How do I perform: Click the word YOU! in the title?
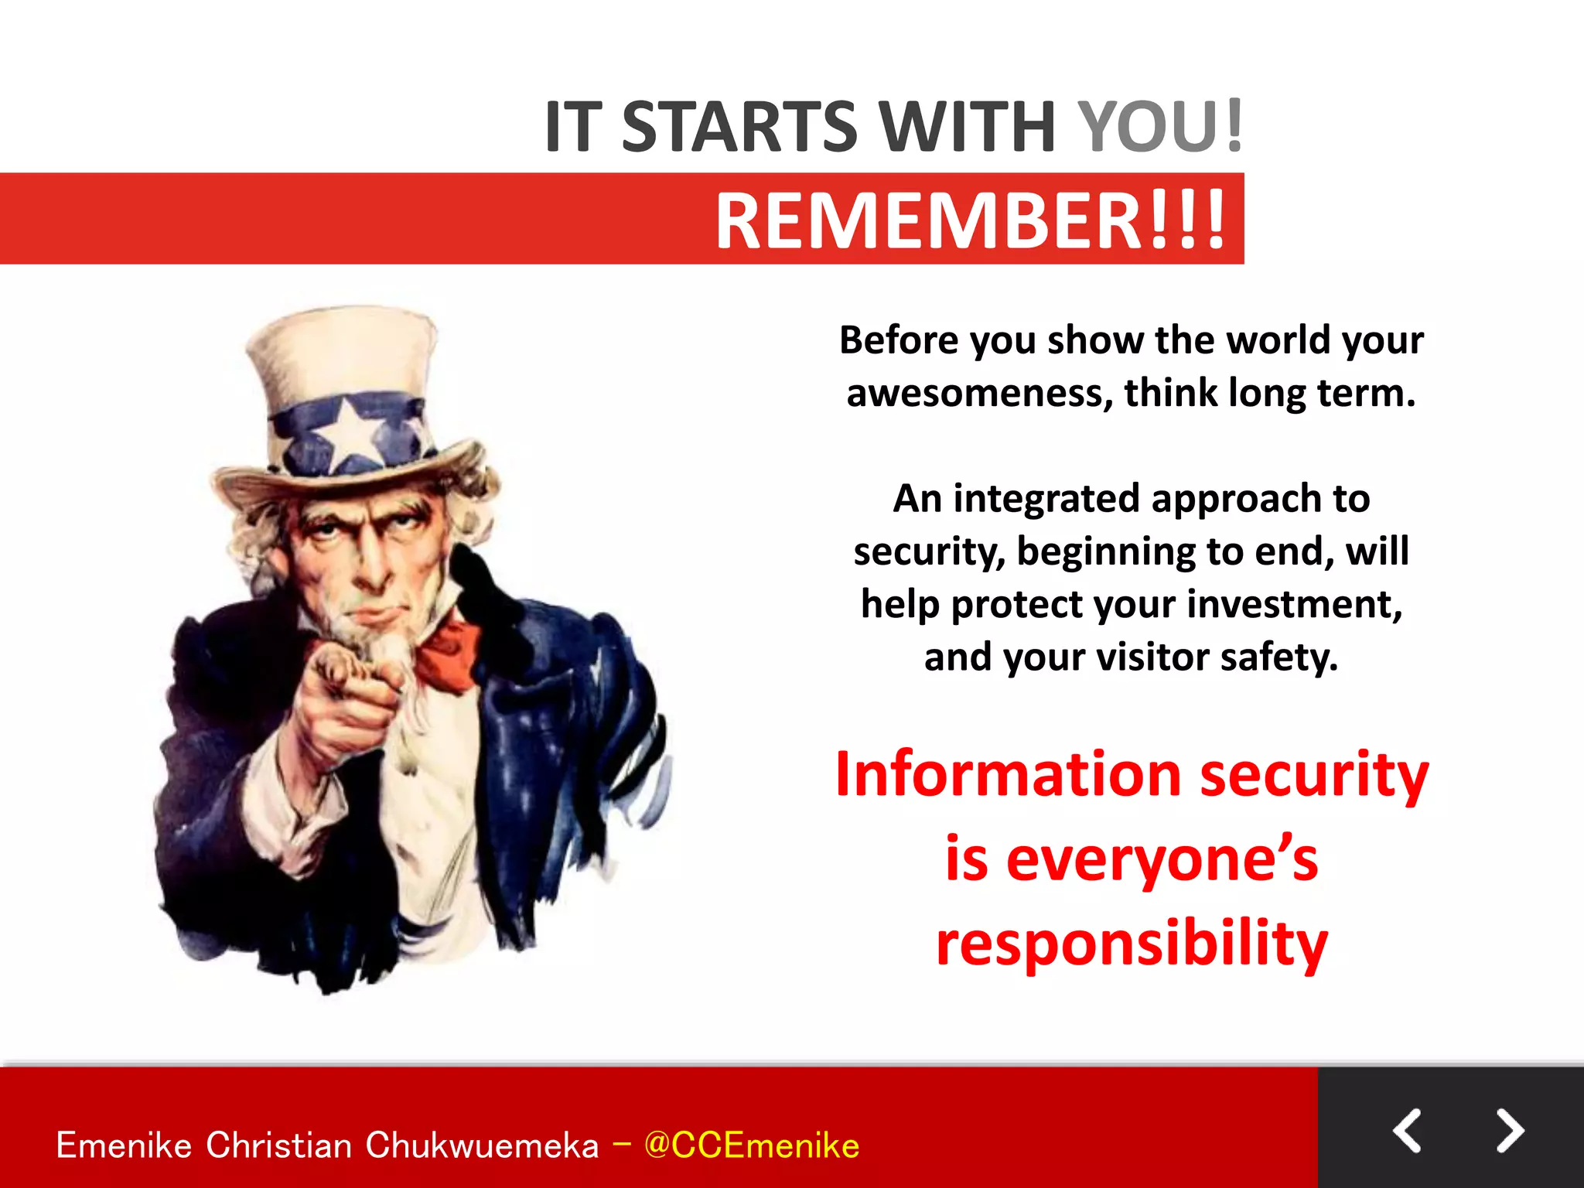pyautogui.click(x=1160, y=126)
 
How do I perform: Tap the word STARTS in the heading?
pyautogui.click(x=739, y=126)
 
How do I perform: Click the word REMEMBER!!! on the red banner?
pyautogui.click(x=971, y=220)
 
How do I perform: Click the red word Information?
pyautogui.click(x=1009, y=775)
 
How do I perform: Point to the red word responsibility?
pyautogui.click(x=1131, y=944)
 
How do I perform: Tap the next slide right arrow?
pyautogui.click(x=1509, y=1131)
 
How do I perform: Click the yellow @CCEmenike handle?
pyautogui.click(x=751, y=1145)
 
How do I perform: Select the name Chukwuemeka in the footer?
pyautogui.click(x=482, y=1145)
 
